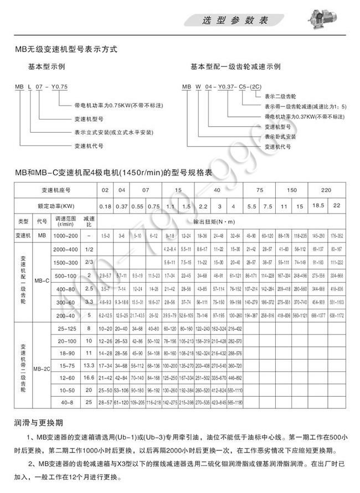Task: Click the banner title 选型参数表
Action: point(235,20)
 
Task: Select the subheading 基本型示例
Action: point(48,66)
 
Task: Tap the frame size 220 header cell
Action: point(326,190)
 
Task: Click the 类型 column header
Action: point(22,221)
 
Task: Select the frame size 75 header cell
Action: point(259,190)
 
